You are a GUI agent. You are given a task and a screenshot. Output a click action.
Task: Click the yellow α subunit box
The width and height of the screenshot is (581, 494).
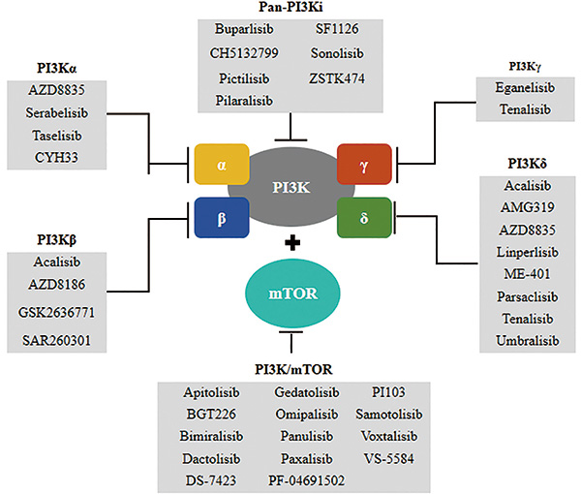pyautogui.click(x=222, y=164)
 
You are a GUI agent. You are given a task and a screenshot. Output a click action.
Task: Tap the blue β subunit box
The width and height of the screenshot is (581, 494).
pyautogui.click(x=222, y=218)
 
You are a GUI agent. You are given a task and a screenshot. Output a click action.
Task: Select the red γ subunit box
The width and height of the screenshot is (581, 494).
pyautogui.click(x=364, y=164)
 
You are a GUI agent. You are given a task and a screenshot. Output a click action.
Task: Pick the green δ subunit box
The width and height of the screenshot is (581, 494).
pyautogui.click(x=364, y=218)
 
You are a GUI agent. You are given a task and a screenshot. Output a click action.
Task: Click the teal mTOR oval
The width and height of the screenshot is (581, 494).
pyautogui.click(x=292, y=293)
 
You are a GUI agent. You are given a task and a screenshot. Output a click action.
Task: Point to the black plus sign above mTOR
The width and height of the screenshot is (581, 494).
pyautogui.click(x=292, y=243)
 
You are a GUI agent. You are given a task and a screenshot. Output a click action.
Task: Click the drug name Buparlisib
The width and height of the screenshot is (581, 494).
pyautogui.click(x=244, y=29)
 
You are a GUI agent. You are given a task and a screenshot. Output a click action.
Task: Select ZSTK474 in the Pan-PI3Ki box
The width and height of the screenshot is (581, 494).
pyautogui.click(x=337, y=78)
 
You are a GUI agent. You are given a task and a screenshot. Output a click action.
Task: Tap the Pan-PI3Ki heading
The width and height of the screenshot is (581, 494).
pyautogui.click(x=290, y=7)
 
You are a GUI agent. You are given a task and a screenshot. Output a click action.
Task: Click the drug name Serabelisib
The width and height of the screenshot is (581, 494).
pyautogui.click(x=57, y=112)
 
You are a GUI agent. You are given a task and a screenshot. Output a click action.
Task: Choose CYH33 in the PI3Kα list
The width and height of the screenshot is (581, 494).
pyautogui.click(x=56, y=158)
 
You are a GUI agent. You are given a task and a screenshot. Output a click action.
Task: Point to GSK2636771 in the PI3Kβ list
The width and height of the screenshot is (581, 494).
pyautogui.click(x=56, y=313)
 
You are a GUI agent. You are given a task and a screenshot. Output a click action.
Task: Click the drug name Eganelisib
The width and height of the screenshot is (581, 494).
pyautogui.click(x=525, y=88)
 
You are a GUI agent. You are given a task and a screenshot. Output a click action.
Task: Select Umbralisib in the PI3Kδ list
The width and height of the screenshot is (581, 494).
pyautogui.click(x=528, y=341)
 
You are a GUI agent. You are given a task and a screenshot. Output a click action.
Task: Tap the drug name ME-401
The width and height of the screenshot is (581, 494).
pyautogui.click(x=528, y=274)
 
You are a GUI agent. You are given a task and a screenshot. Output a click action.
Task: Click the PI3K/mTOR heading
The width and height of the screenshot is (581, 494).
pyautogui.click(x=293, y=369)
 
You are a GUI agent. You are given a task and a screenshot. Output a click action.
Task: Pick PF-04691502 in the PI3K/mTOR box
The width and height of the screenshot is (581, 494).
pyautogui.click(x=306, y=480)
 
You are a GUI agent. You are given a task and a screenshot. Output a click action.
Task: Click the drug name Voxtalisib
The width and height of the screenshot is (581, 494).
pyautogui.click(x=389, y=436)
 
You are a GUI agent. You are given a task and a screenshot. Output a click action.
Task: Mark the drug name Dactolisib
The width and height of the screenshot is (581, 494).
pyautogui.click(x=211, y=459)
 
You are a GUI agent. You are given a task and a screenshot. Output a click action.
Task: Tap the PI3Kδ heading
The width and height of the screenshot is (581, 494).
pyautogui.click(x=528, y=164)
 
